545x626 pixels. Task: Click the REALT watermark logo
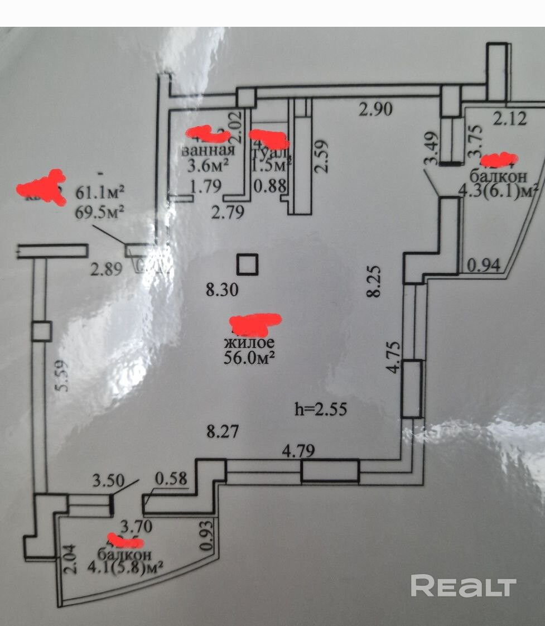(463, 586)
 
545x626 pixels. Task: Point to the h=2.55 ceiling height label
(321, 410)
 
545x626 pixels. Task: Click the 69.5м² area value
(100, 212)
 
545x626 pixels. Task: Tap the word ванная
(208, 151)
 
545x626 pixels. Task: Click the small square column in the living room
(247, 264)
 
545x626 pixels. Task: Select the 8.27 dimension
(222, 431)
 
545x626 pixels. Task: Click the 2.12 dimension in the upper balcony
(509, 118)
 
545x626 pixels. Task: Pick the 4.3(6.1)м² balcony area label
(498, 191)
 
